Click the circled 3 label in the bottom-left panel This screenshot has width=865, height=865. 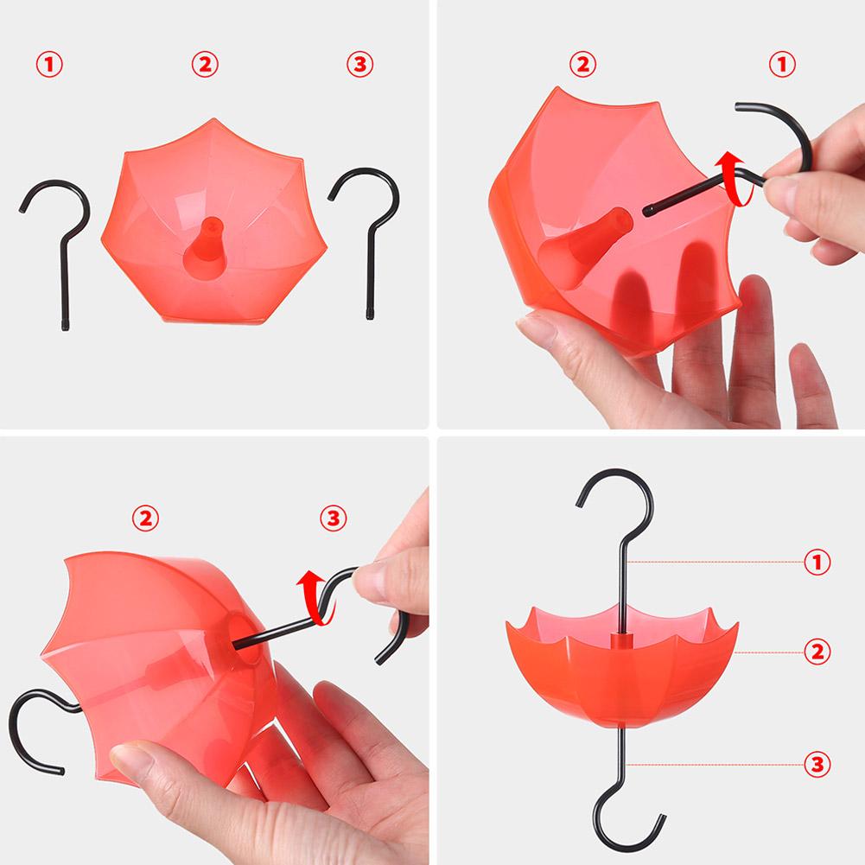click(334, 518)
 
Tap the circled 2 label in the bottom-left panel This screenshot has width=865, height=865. click(144, 518)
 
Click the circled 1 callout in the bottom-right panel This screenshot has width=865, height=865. click(817, 563)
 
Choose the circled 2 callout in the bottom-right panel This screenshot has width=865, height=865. click(817, 651)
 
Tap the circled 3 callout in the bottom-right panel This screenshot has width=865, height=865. click(817, 764)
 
